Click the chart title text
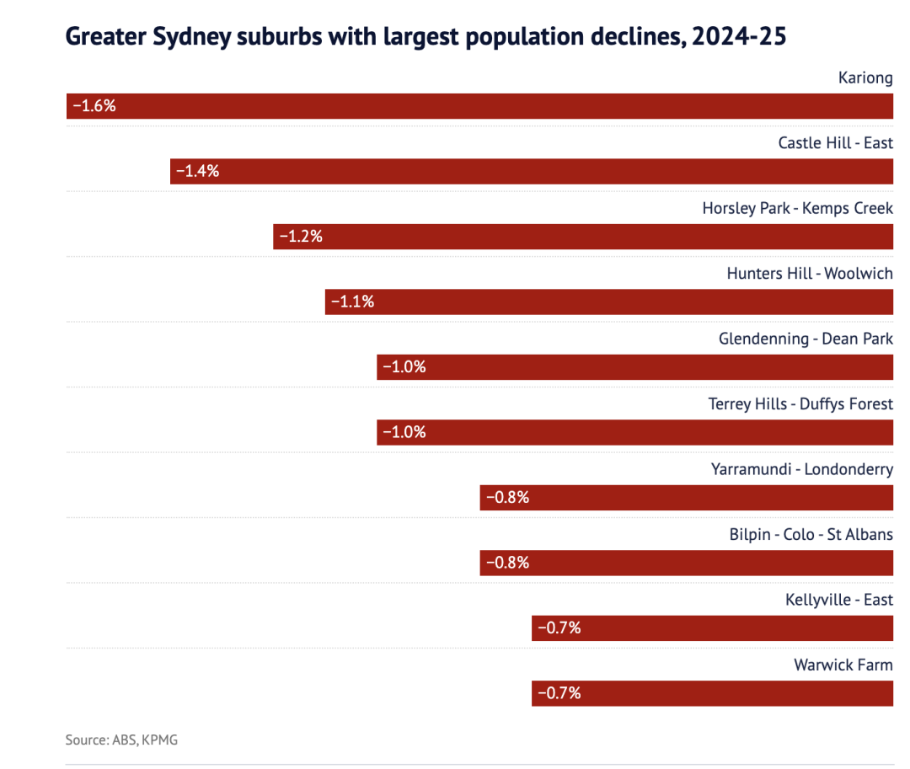click(x=426, y=37)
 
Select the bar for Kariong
click(x=480, y=106)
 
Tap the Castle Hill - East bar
click(x=531, y=171)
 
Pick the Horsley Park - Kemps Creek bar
click(x=583, y=237)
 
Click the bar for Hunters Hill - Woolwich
click(x=608, y=302)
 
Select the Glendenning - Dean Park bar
click(x=634, y=367)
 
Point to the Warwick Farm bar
click(x=712, y=693)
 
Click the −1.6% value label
click(x=94, y=106)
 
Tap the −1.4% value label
click(x=197, y=171)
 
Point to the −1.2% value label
click(x=301, y=237)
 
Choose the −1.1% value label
click(x=352, y=302)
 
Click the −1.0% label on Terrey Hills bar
click(x=404, y=432)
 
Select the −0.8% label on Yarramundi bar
click(x=507, y=497)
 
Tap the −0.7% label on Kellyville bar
click(x=559, y=627)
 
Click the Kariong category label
click(x=865, y=78)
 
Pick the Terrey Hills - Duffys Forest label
click(x=800, y=404)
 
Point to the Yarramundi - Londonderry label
click(x=802, y=469)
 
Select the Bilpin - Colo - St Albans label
click(x=811, y=535)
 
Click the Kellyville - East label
click(x=839, y=600)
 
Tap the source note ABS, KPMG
click(x=121, y=740)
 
